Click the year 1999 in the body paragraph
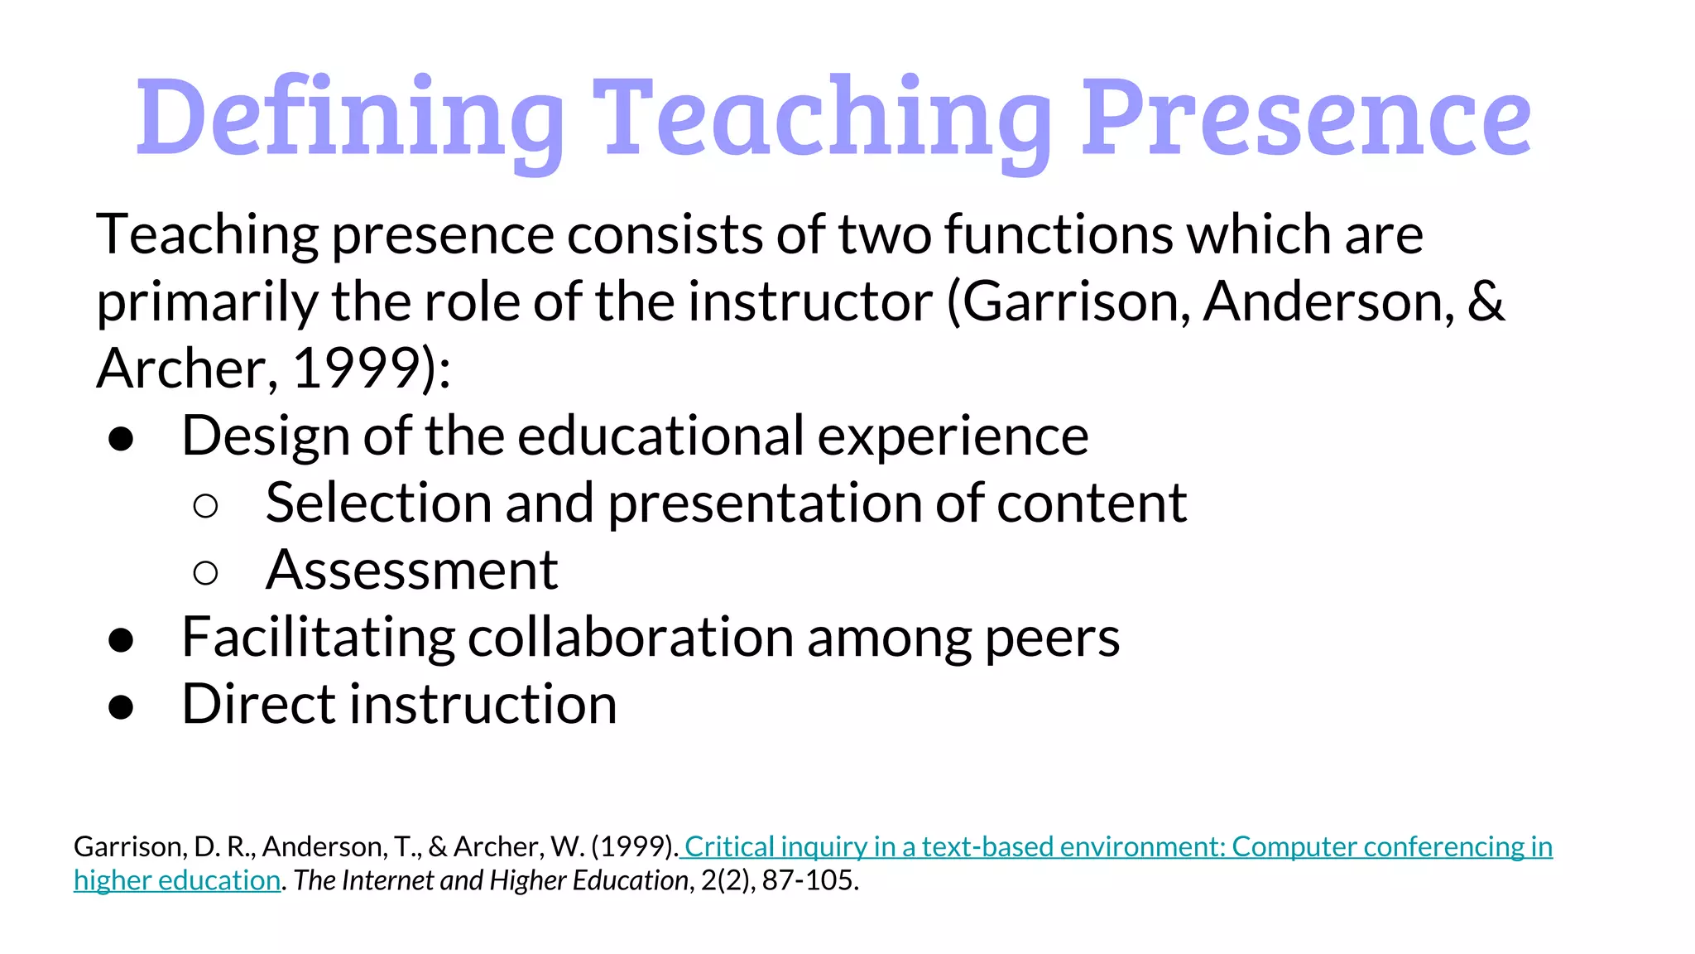[356, 369]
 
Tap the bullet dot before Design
[121, 438]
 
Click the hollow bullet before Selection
[205, 505]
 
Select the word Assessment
[411, 571]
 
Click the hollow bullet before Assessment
[205, 572]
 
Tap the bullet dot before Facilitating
[121, 639]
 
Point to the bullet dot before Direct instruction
[121, 706]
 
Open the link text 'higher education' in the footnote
[177, 880]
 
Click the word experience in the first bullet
[953, 436]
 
